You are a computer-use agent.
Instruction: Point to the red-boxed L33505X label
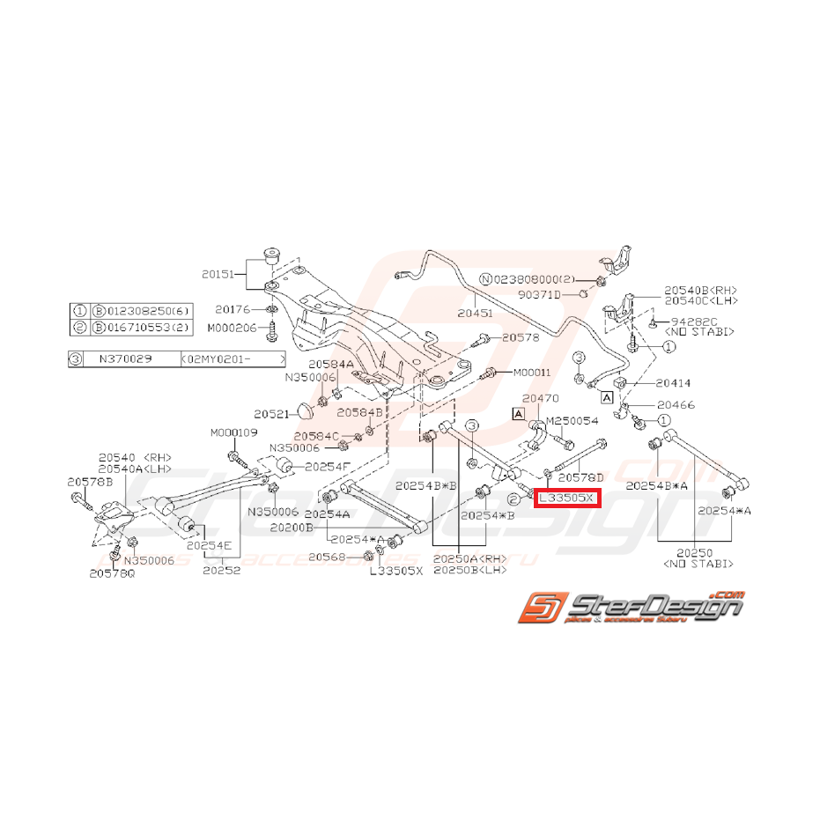[567, 499]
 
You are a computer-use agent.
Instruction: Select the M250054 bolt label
[573, 422]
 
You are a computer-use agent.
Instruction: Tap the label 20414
[673, 383]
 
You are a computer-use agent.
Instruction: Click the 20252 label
[221, 571]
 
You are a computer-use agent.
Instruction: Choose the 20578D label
[581, 476]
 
